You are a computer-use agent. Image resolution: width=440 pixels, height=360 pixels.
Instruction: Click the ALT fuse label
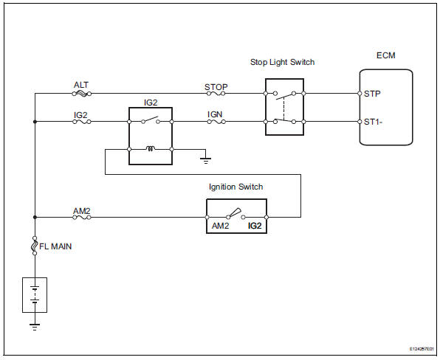(x=81, y=86)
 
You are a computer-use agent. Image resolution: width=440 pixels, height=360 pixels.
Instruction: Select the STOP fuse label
(x=216, y=86)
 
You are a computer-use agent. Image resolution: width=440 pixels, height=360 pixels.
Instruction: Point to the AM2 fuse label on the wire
(x=81, y=210)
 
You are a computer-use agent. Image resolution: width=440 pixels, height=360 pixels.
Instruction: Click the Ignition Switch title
(x=236, y=187)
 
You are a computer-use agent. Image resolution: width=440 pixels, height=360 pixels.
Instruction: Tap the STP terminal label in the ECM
(x=374, y=94)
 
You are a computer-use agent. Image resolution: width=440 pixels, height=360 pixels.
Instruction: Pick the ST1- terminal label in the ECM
(x=375, y=121)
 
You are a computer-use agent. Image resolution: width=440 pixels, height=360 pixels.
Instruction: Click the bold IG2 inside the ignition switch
(x=255, y=226)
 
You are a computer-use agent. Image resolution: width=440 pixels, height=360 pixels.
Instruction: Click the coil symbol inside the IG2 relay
(x=151, y=149)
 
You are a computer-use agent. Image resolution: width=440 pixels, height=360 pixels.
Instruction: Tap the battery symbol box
(x=35, y=294)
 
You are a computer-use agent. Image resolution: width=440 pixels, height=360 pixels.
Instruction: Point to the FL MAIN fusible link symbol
(x=35, y=246)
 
